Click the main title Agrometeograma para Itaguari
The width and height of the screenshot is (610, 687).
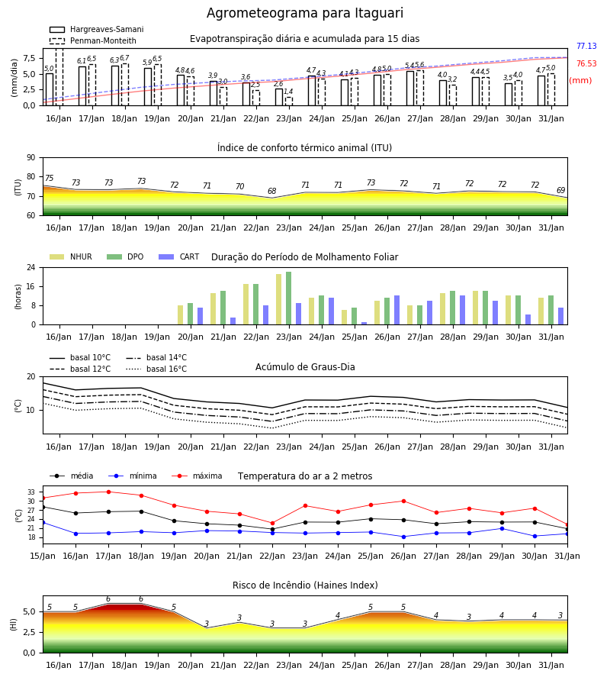tap(304, 13)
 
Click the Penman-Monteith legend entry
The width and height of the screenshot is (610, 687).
tap(93, 40)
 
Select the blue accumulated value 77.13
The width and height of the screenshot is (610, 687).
tap(586, 46)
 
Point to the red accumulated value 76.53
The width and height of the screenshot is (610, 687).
tap(586, 63)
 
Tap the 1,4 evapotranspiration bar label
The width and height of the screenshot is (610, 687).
tap(288, 92)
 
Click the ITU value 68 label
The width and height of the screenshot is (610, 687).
tap(271, 191)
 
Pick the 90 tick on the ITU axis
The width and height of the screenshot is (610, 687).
tap(31, 158)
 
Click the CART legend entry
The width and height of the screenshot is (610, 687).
tap(178, 256)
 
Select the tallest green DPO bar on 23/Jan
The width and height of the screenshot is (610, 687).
tap(288, 298)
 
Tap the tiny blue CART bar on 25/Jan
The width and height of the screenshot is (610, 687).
tap(364, 324)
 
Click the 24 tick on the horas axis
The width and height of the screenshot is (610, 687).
tap(31, 267)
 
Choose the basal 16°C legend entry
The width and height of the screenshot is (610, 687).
tap(156, 369)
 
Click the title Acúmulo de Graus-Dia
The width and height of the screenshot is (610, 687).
tap(305, 367)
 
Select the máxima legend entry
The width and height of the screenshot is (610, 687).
tap(197, 476)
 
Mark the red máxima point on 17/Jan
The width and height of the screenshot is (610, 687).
tap(108, 492)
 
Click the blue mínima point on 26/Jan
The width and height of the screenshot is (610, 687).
tap(403, 537)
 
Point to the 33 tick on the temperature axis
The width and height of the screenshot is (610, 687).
tap(31, 492)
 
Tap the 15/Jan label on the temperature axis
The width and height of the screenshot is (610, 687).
tap(43, 556)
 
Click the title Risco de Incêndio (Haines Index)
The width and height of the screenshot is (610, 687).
tap(305, 585)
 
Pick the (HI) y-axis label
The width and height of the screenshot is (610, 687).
tap(14, 624)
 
